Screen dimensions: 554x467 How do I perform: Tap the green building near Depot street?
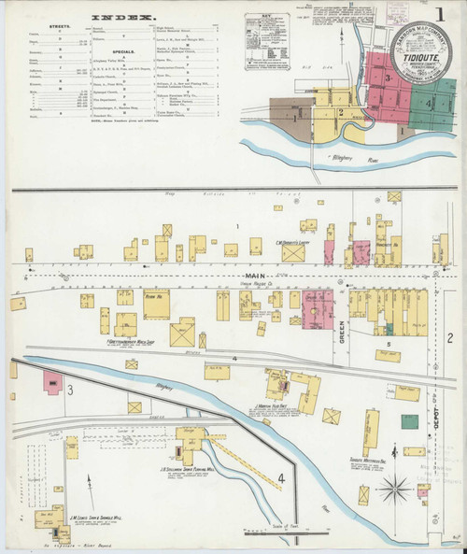410,420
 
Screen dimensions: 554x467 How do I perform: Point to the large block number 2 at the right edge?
449,337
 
